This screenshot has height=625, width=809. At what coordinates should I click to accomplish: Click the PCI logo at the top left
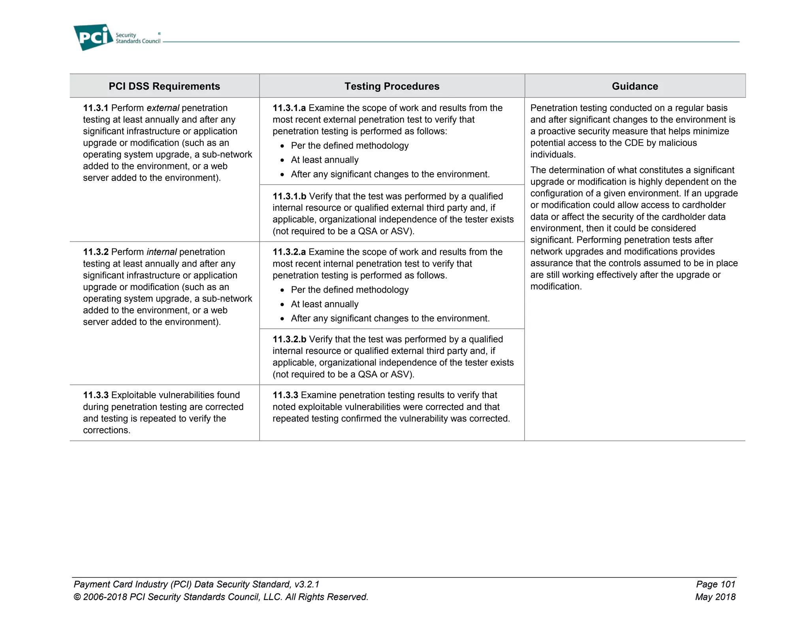pyautogui.click(x=93, y=38)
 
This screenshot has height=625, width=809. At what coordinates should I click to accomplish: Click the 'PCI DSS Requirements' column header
pyautogui.click(x=164, y=86)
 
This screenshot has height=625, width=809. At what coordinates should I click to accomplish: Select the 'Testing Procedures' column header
pyautogui.click(x=391, y=86)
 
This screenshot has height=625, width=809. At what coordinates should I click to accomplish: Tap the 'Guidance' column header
pyautogui.click(x=634, y=86)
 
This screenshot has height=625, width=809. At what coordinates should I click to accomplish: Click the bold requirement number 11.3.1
pyautogui.click(x=95, y=108)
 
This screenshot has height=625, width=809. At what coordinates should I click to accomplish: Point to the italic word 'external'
pyautogui.click(x=163, y=108)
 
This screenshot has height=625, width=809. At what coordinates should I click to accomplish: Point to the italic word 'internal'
pyautogui.click(x=161, y=252)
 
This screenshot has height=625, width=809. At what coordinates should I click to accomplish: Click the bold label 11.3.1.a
pyautogui.click(x=289, y=108)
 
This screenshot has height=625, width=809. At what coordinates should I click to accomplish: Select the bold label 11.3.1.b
pyautogui.click(x=289, y=196)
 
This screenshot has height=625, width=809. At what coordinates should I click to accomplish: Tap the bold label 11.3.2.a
pyautogui.click(x=289, y=252)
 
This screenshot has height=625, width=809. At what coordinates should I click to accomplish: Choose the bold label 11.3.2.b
pyautogui.click(x=289, y=339)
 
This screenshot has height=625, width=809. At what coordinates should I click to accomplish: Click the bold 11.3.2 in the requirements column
pyautogui.click(x=95, y=252)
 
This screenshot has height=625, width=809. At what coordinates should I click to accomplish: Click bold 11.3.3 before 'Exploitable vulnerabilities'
pyautogui.click(x=95, y=395)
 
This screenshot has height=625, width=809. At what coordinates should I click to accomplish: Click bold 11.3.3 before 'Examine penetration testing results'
pyautogui.click(x=285, y=395)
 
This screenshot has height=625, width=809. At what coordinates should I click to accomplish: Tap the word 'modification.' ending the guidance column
pyautogui.click(x=556, y=286)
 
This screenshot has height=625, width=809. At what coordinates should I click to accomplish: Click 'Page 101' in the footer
pyautogui.click(x=715, y=584)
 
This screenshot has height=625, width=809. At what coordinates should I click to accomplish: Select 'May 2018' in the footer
pyautogui.click(x=715, y=597)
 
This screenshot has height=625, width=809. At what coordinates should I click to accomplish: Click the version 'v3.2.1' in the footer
pyautogui.click(x=307, y=584)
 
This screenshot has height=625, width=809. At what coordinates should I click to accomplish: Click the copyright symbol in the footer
pyautogui.click(x=77, y=597)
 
